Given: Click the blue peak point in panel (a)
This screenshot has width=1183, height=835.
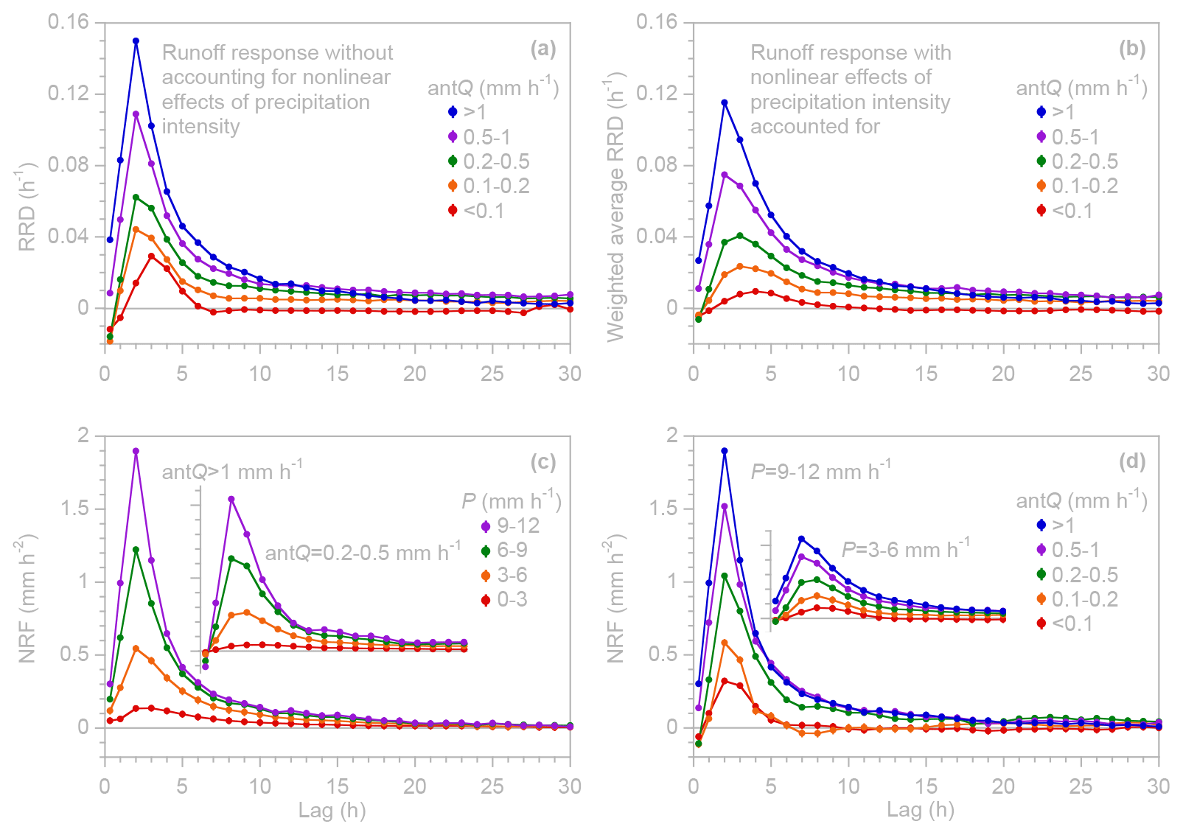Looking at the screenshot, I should coord(136,41).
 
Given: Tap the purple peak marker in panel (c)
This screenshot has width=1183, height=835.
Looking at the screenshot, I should coord(136,451).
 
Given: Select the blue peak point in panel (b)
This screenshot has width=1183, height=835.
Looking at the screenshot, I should coord(725,102).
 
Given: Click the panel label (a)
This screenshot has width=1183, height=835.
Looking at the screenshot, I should coord(543,49).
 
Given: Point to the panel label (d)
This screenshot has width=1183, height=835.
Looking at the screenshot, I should coord(1132,461).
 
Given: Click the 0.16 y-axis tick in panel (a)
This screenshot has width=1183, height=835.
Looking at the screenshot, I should coord(68,22).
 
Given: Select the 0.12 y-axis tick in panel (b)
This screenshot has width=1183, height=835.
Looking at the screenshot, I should coord(657,94).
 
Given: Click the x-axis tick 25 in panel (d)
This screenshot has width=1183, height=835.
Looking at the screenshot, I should coord(1081,786).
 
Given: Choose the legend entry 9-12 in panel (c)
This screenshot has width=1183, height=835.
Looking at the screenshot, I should coord(517,525).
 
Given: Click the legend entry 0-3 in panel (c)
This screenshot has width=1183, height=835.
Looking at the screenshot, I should coord(512,599).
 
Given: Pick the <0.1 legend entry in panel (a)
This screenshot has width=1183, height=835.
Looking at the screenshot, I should coord(484,211).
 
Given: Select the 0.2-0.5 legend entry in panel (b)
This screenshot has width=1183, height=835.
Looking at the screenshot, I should coord(1084,161).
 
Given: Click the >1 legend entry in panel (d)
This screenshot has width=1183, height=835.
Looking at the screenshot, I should coord(1063,525).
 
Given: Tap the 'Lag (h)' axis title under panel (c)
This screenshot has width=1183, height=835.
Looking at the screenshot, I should coord(332,811).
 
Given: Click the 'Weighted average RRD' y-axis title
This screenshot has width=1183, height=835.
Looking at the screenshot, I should coord(616,206).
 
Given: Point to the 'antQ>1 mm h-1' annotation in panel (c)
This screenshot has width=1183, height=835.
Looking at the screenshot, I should coord(231,470).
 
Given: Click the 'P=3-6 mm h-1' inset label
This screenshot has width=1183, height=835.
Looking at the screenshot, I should coord(905,549).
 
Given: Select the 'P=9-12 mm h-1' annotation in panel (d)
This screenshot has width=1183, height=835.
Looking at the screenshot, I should coord(820,470).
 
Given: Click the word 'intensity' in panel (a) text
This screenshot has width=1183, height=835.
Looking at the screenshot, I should coord(200,127).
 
